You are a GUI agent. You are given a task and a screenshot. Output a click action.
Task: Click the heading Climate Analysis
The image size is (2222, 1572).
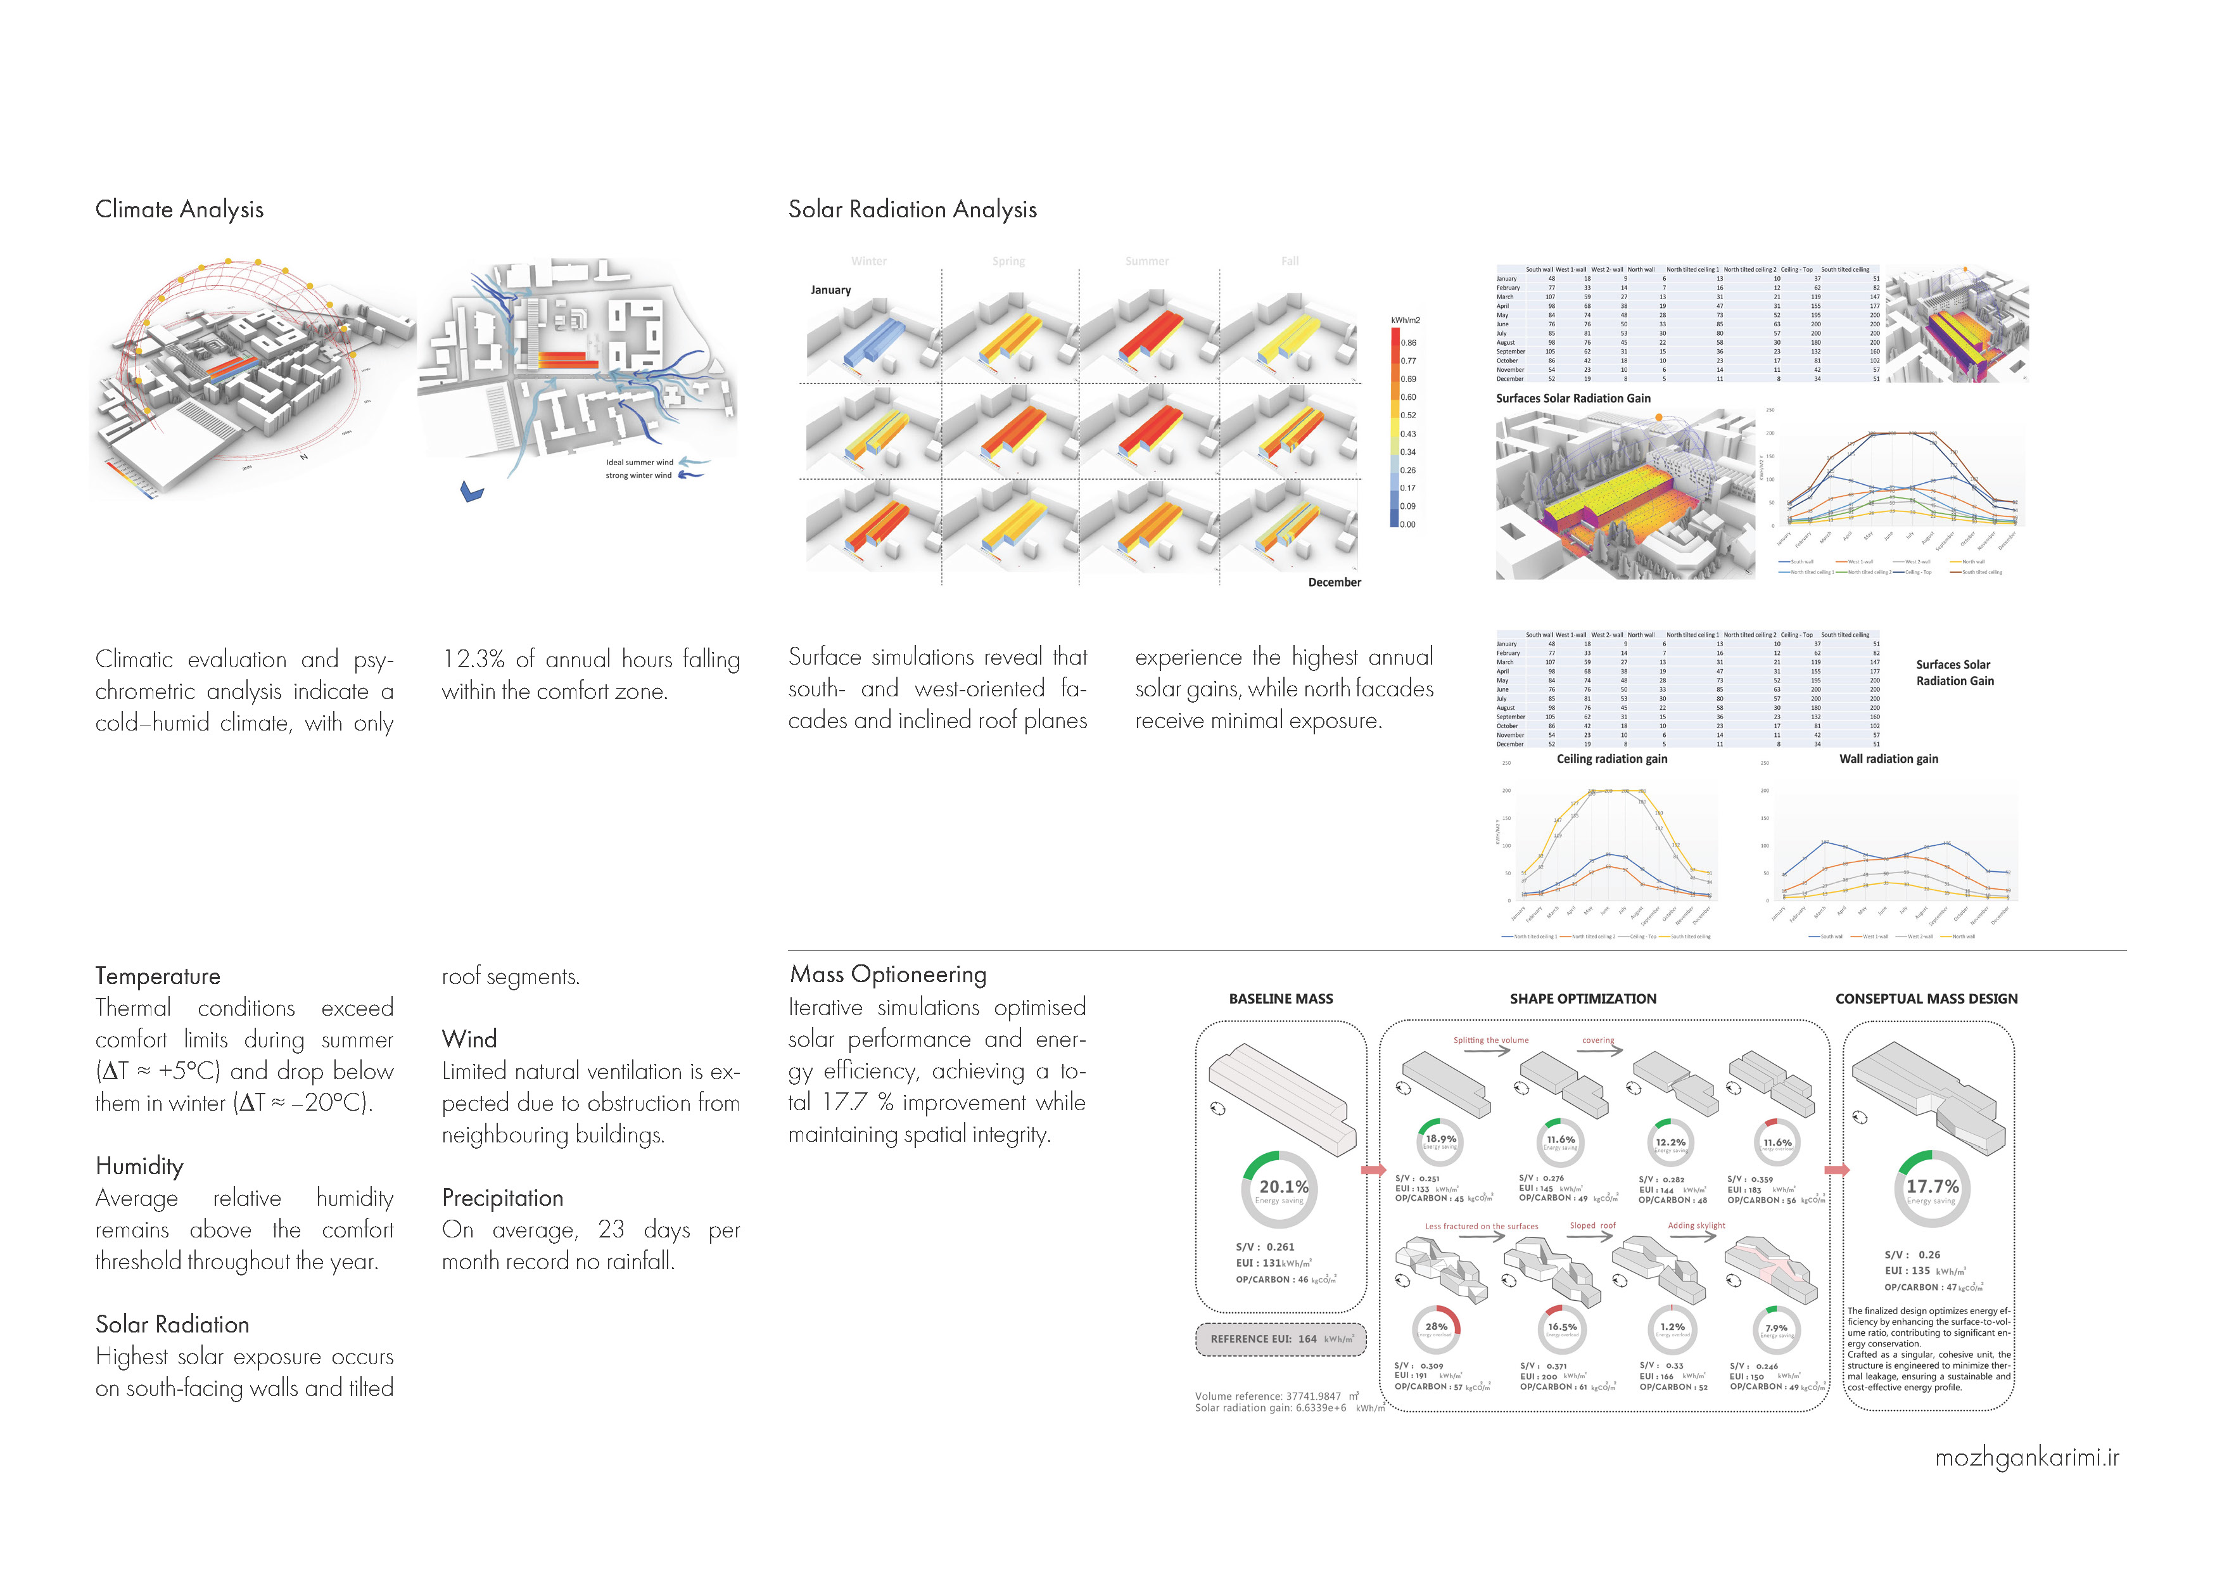coord(179,210)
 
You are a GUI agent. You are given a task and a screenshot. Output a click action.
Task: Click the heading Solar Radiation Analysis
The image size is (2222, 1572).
coord(911,210)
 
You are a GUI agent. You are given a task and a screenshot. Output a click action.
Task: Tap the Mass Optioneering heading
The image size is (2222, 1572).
coord(887,975)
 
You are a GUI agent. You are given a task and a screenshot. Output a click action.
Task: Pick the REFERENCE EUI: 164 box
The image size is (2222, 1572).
coord(1280,1339)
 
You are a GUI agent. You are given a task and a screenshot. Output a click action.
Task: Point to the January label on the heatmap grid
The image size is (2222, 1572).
coord(830,290)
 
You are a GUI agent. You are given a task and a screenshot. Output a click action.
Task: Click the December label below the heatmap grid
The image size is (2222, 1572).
coord(1333,583)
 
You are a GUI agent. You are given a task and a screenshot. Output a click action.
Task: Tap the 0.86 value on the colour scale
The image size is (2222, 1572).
coord(1408,343)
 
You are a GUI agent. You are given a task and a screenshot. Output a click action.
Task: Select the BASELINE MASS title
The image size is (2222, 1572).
coord(1280,999)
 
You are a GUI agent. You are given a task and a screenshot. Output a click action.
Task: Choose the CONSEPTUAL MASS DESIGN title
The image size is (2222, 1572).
coord(1926,999)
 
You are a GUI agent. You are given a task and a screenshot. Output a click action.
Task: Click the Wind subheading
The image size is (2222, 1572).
coord(469,1040)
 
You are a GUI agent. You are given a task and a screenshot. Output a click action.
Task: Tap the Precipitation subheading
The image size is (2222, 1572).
coord(502,1198)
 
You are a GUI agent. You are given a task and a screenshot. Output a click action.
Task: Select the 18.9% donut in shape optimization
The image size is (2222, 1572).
coord(1440,1141)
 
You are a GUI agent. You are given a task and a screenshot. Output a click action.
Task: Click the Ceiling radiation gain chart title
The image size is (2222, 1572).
coord(1611,760)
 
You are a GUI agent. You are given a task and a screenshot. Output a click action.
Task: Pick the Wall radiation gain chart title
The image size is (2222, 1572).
coord(1888,760)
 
